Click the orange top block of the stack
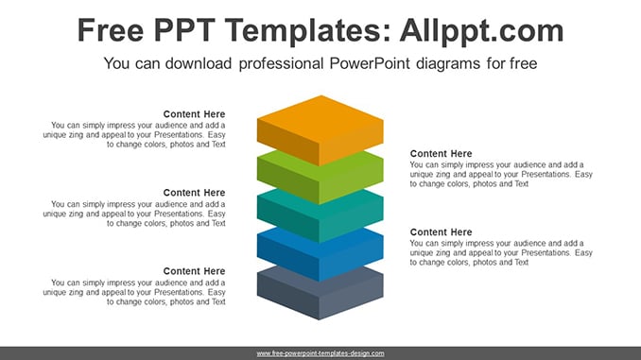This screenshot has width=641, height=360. [x=320, y=130]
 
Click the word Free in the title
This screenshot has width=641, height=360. [x=111, y=30]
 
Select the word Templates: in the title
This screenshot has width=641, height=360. [x=308, y=30]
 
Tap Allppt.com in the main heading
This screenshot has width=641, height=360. [x=481, y=31]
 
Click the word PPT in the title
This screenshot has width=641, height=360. [x=184, y=30]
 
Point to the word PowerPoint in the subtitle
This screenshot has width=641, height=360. [x=370, y=63]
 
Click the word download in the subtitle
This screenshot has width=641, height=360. [x=199, y=63]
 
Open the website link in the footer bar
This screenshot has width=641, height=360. [x=320, y=353]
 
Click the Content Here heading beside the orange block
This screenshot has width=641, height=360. [x=194, y=114]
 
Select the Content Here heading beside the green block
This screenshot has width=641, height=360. [x=442, y=154]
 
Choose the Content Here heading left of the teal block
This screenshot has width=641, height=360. [x=194, y=193]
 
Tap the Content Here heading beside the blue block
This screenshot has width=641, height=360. [x=442, y=232]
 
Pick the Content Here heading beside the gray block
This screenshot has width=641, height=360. [x=194, y=271]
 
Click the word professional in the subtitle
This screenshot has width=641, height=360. [x=281, y=63]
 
